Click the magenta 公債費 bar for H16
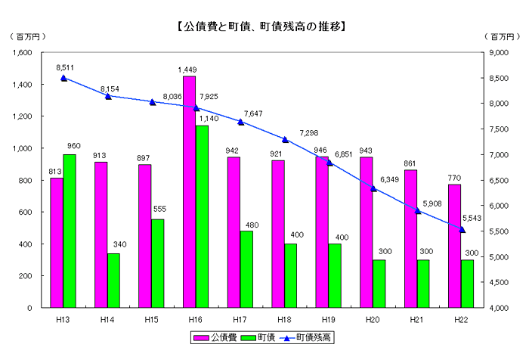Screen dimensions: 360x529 click(x=189, y=192)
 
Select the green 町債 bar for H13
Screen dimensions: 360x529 click(x=69, y=231)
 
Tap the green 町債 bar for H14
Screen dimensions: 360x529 click(x=113, y=281)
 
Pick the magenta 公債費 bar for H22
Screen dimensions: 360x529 click(x=454, y=246)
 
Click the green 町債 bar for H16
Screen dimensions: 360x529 click(x=202, y=216)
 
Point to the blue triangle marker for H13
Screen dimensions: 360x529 click(x=63, y=78)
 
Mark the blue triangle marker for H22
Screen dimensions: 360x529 click(x=462, y=229)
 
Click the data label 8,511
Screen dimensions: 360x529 click(x=64, y=67)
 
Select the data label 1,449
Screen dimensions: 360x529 click(x=187, y=70)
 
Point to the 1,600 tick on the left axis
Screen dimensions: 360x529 click(x=22, y=53)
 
